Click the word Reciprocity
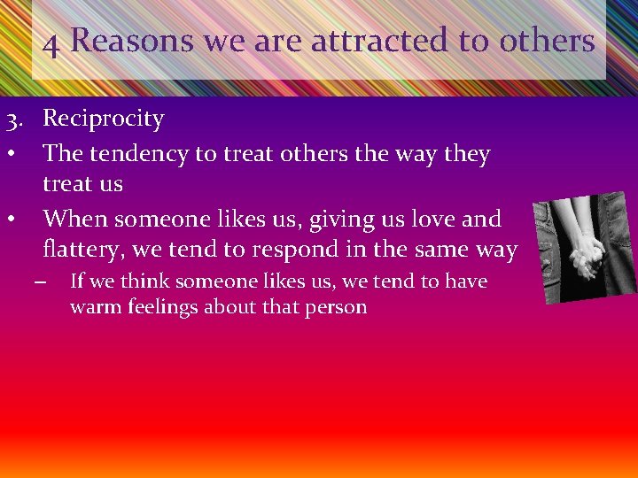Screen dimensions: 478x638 coord(104,119)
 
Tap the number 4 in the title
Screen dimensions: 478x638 coord(51,42)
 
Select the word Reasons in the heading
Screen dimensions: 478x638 coord(132,40)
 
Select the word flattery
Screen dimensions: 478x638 coord(83,251)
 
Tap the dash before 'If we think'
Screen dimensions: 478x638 coord(39,282)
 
